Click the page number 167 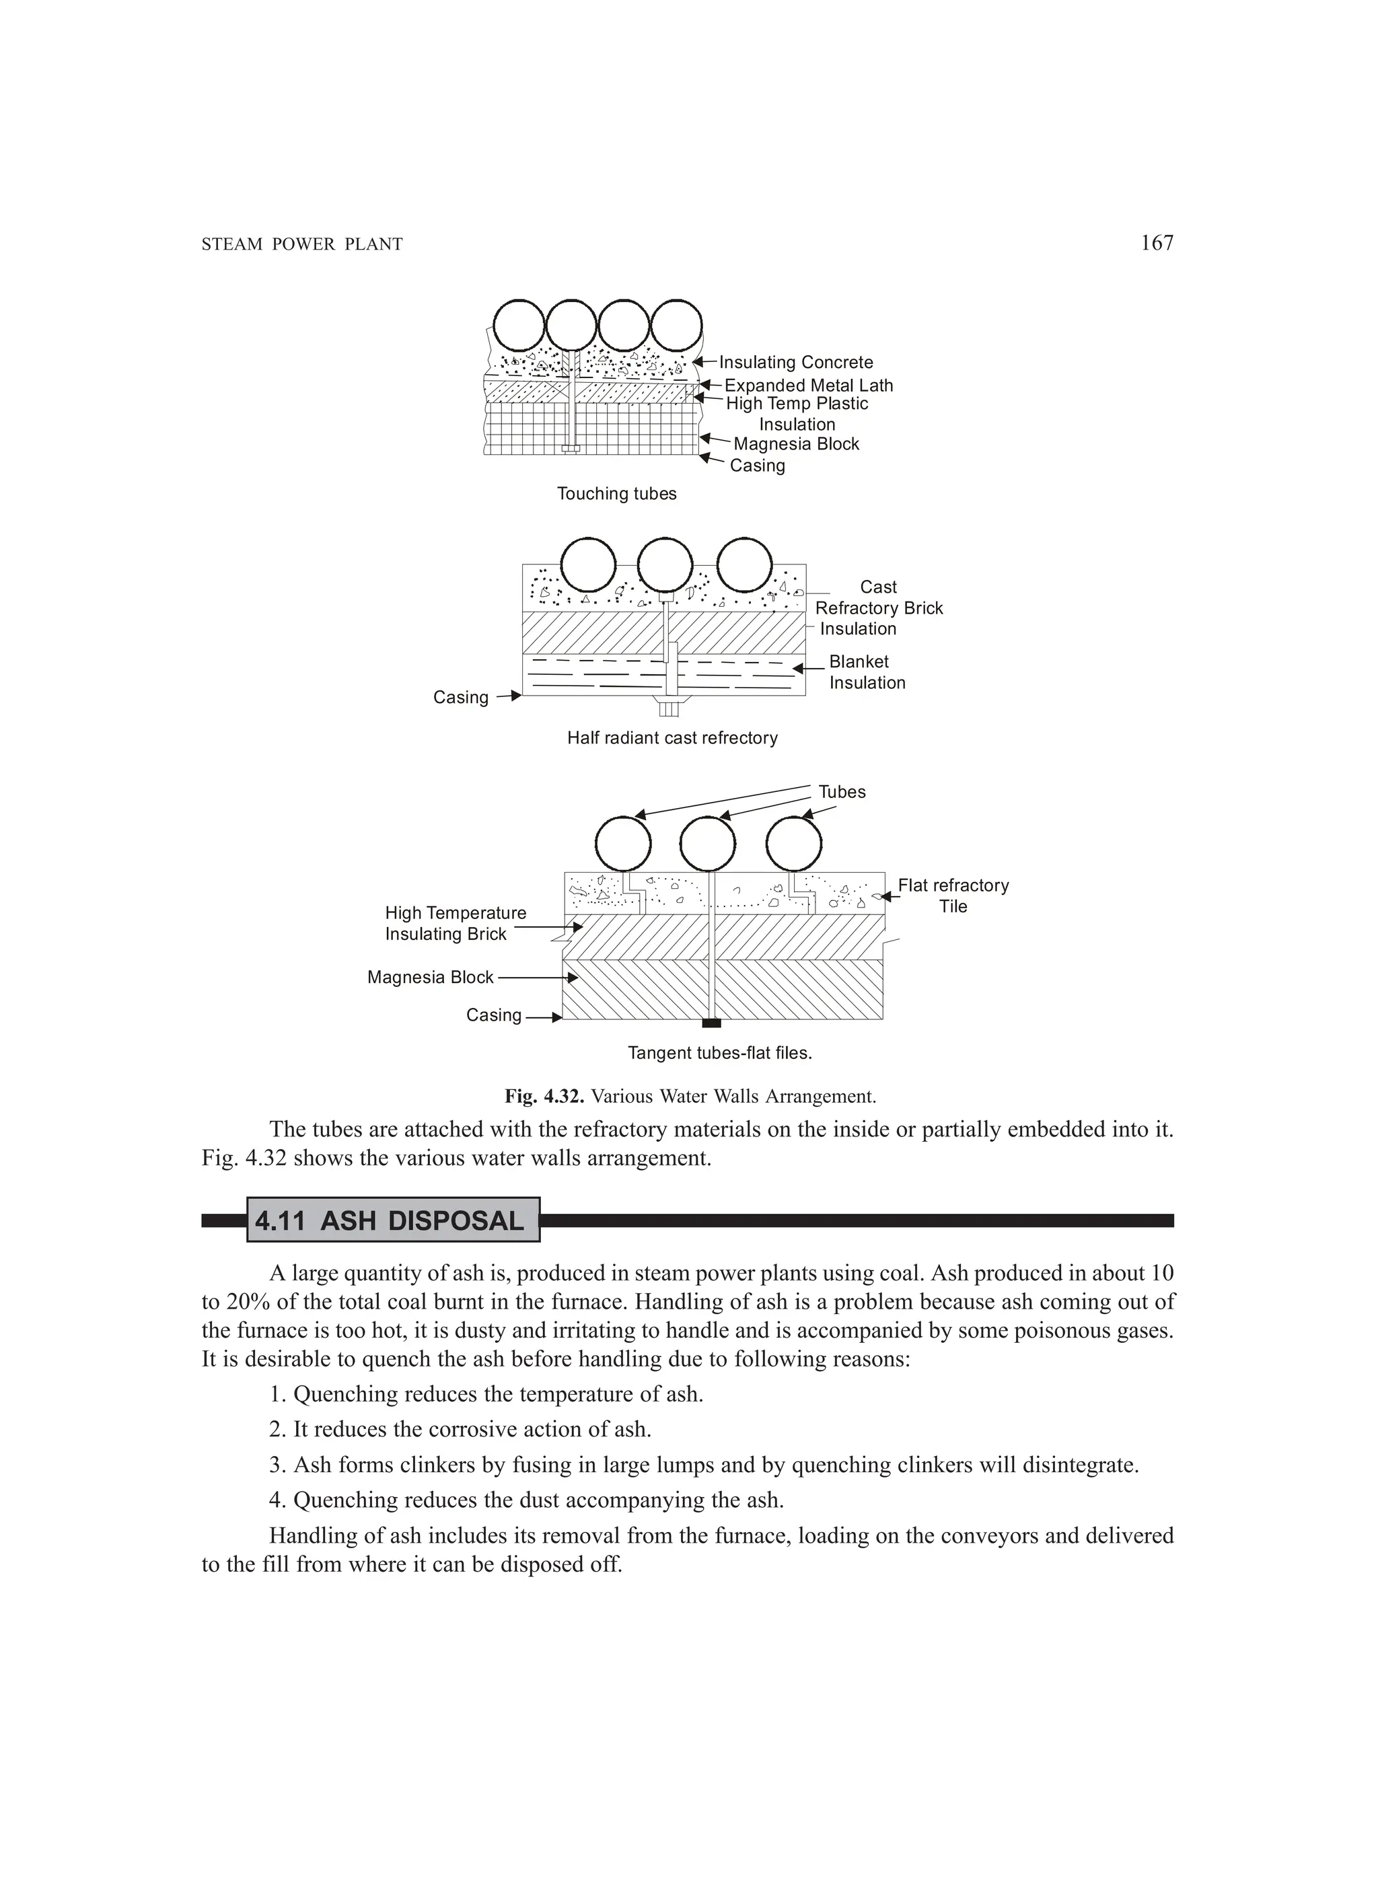click(x=1157, y=244)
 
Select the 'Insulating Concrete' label click(x=795, y=362)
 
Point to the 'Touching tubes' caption click(x=616, y=494)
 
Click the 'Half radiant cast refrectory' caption click(x=672, y=738)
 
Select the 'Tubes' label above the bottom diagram click(x=841, y=793)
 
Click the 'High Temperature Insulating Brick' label click(x=455, y=924)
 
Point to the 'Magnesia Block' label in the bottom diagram click(x=431, y=977)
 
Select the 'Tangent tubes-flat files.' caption click(x=720, y=1054)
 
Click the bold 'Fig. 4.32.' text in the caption click(x=544, y=1096)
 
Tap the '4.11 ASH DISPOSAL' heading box click(x=393, y=1221)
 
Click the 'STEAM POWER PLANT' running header click(x=302, y=245)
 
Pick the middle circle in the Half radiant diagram click(x=665, y=566)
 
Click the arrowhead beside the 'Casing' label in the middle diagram click(x=516, y=696)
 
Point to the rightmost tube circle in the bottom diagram click(x=793, y=844)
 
